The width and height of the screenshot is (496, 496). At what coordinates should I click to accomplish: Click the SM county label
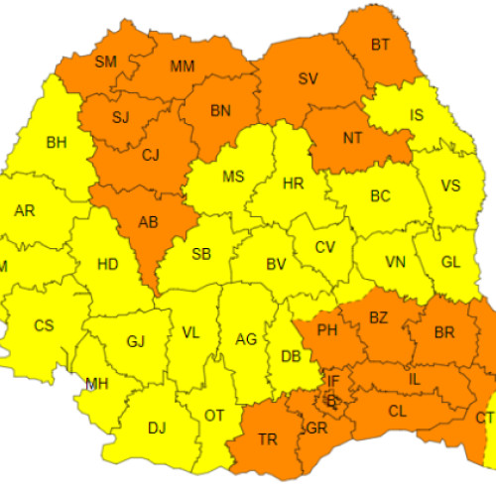[x=106, y=62]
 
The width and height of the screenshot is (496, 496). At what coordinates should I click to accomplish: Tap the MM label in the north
[x=183, y=66]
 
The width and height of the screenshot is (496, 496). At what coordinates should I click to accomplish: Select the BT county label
[x=380, y=44]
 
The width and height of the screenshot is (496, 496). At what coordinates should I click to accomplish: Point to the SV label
[x=309, y=78]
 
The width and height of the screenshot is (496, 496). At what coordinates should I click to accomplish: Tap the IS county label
[x=416, y=115]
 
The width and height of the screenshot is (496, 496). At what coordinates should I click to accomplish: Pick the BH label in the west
[x=57, y=142]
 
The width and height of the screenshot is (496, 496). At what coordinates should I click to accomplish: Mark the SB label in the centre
[x=200, y=254]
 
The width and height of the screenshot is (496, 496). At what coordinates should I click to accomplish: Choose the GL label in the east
[x=449, y=262]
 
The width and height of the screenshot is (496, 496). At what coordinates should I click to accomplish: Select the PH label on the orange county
[x=326, y=329]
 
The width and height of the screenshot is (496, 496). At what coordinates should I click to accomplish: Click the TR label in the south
[x=268, y=439]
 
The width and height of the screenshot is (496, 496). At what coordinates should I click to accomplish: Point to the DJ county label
[x=156, y=429]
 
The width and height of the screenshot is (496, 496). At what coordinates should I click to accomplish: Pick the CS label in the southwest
[x=45, y=325]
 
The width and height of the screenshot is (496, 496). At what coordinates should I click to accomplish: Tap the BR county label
[x=445, y=332]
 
